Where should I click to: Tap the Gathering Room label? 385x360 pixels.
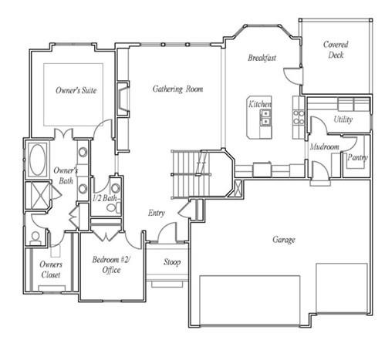click(x=177, y=89)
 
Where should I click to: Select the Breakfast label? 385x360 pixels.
click(x=262, y=59)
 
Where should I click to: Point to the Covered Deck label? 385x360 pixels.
click(x=336, y=50)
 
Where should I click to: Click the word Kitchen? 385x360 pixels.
click(x=259, y=104)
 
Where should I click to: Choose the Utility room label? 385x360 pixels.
click(x=343, y=119)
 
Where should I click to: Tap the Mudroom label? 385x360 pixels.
click(x=325, y=146)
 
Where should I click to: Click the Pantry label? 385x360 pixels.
click(x=357, y=157)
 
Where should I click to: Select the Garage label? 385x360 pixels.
click(x=283, y=240)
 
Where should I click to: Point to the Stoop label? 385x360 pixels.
click(x=172, y=262)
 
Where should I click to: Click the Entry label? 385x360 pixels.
click(x=156, y=214)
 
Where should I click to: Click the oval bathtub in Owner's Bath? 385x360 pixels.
click(x=36, y=161)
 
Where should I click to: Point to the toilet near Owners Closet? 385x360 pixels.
click(x=35, y=237)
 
